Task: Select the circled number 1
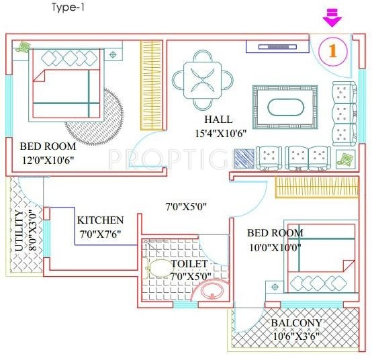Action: point(331,51)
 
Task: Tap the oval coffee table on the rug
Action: point(285,107)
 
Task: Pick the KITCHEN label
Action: point(100,220)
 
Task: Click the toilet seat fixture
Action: point(159,269)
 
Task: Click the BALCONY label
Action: point(296,322)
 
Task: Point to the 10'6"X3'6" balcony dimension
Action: point(295,335)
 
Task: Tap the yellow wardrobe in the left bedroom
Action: point(150,85)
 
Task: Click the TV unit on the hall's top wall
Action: point(273,46)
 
